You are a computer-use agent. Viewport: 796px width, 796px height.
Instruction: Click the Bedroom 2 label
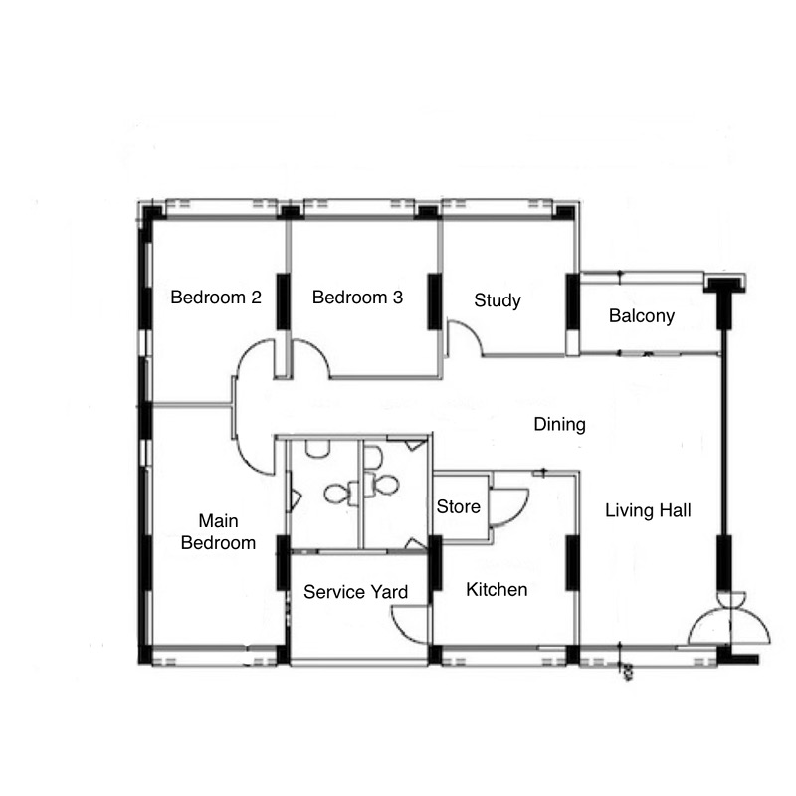pos(216,297)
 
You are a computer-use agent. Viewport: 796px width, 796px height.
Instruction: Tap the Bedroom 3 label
pos(357,297)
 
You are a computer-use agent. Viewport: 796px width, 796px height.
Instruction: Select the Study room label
pos(497,300)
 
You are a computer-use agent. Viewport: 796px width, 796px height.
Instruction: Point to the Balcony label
pos(642,316)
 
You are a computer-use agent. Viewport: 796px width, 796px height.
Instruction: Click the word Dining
pos(559,425)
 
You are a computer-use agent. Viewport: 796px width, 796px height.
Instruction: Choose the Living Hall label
pos(648,510)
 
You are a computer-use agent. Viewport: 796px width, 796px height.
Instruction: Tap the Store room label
pos(458,506)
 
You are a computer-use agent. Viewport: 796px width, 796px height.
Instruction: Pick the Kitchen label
pos(497,589)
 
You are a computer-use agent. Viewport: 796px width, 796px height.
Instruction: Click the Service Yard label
pos(355,592)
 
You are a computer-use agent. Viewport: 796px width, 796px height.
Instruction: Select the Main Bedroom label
pos(218,532)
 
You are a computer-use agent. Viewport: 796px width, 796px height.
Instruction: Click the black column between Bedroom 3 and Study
pos(435,301)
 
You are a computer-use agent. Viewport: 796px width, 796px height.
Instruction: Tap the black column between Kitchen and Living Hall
pos(573,563)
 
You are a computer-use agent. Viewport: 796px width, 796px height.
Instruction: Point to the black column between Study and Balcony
pos(573,301)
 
